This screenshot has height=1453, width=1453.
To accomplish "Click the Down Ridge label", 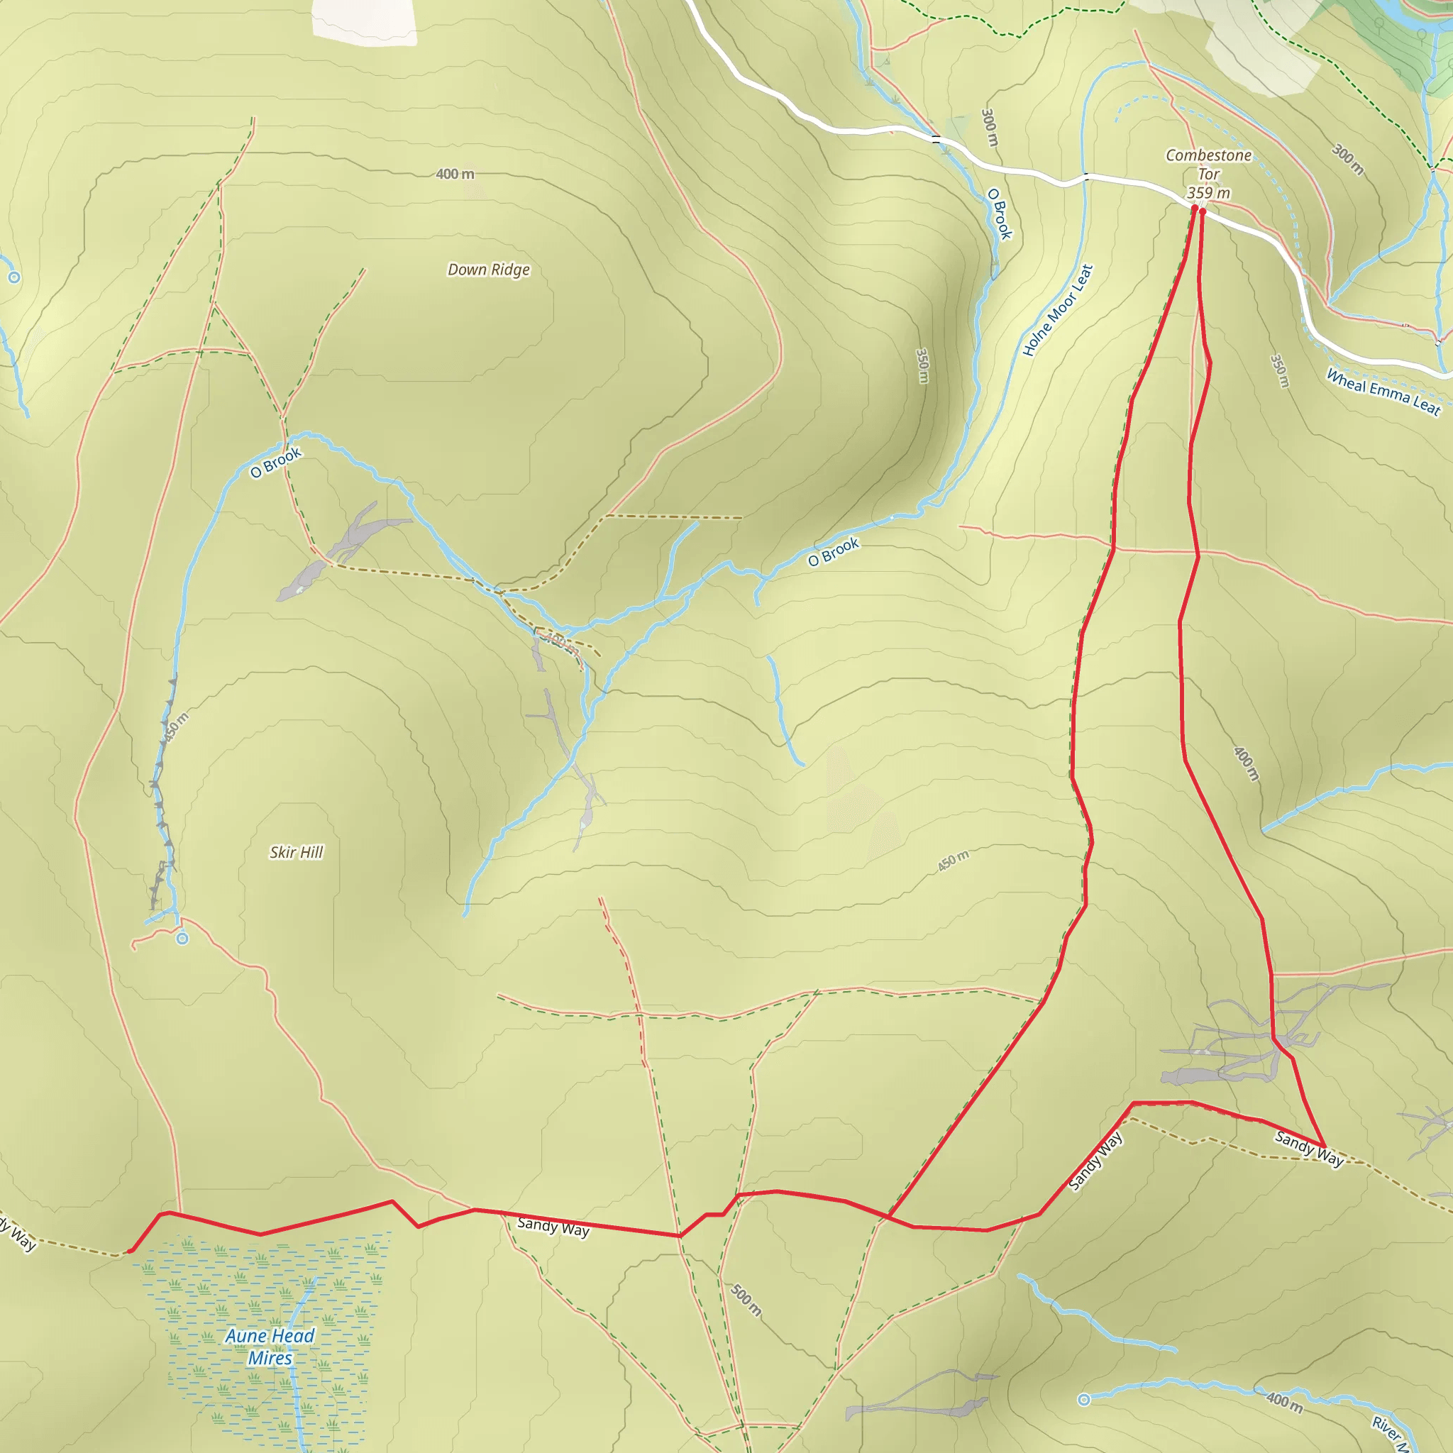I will point(489,269).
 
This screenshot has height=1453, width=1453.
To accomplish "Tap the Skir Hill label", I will point(297,852).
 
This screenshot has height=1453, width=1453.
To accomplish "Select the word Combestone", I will point(1208,155).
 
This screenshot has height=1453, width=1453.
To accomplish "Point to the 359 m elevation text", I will point(1208,193).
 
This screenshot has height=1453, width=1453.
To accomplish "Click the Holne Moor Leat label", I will point(1056,310).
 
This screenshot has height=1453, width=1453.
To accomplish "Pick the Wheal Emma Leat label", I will point(1382,392).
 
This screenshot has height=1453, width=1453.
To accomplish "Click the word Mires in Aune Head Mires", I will point(270,1358).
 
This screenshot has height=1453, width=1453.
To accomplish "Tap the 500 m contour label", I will point(746,1300).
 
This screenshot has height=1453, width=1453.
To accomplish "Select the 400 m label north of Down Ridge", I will point(455,174).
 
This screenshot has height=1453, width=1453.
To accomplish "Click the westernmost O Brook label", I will point(276,463).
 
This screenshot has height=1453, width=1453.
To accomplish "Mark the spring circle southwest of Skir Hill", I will point(182,939).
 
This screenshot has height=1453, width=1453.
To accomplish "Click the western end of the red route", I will point(130,1251).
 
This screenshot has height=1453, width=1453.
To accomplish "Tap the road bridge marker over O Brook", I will point(936,139).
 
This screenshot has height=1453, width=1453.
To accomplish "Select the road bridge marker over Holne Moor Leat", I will point(1086,177).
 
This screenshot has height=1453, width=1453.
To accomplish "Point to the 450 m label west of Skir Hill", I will point(177,727).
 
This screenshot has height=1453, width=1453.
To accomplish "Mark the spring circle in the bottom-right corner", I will point(1084,1400).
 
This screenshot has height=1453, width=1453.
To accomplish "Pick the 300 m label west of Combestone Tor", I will point(990,127).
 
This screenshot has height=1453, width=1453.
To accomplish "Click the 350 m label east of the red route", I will point(1279,371).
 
